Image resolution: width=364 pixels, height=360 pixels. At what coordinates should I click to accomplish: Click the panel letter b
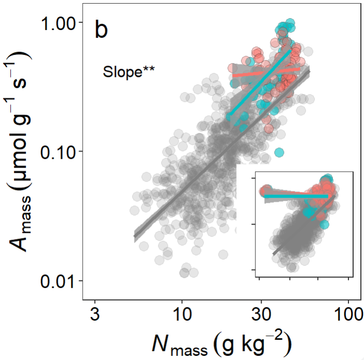(101, 31)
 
